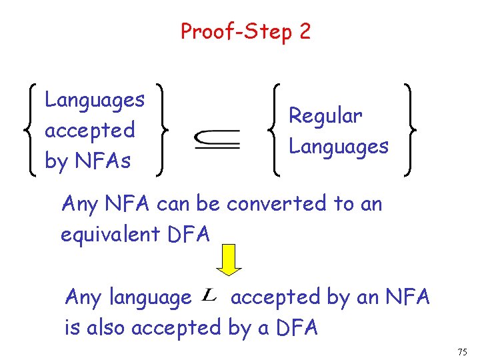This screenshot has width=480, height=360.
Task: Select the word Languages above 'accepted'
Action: click(x=94, y=100)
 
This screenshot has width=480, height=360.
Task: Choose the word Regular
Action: click(x=325, y=116)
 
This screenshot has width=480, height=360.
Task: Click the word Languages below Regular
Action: click(x=338, y=146)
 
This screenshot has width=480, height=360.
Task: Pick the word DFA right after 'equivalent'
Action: click(x=188, y=234)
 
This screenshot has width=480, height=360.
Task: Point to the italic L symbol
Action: click(x=208, y=295)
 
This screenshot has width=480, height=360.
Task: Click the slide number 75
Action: click(x=463, y=351)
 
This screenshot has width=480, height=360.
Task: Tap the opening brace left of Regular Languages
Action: click(x=276, y=130)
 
